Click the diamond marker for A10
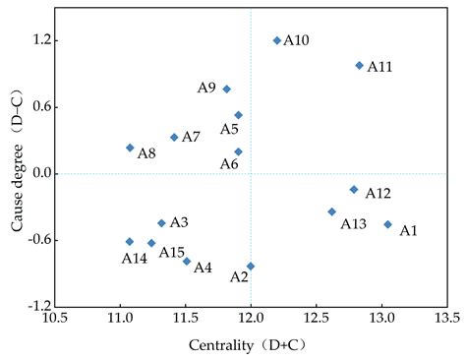[277, 40]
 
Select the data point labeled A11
[359, 65]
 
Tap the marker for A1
[387, 224]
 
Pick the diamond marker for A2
[251, 266]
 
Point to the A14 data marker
[130, 241]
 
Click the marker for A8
[130, 148]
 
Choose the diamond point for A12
[354, 189]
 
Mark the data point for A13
[331, 211]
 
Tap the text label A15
[172, 253]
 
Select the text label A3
[179, 223]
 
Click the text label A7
[191, 137]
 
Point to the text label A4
[203, 268]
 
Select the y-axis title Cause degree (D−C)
[17, 174]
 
